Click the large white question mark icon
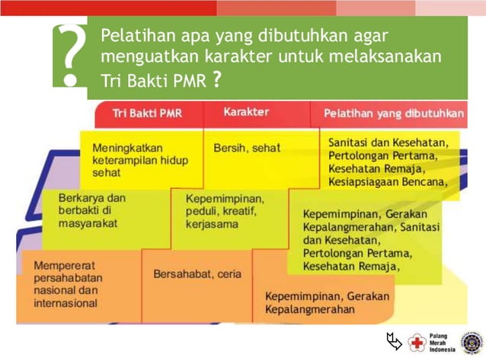pos(70,55)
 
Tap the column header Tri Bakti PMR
pos(147,113)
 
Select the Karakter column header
pos(246,112)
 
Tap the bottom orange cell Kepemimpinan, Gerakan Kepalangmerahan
pos(327,303)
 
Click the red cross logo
pos(417,343)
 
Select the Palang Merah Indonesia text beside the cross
pos(442,343)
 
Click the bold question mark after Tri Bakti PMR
pos(217,80)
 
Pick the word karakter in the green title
pos(211,57)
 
